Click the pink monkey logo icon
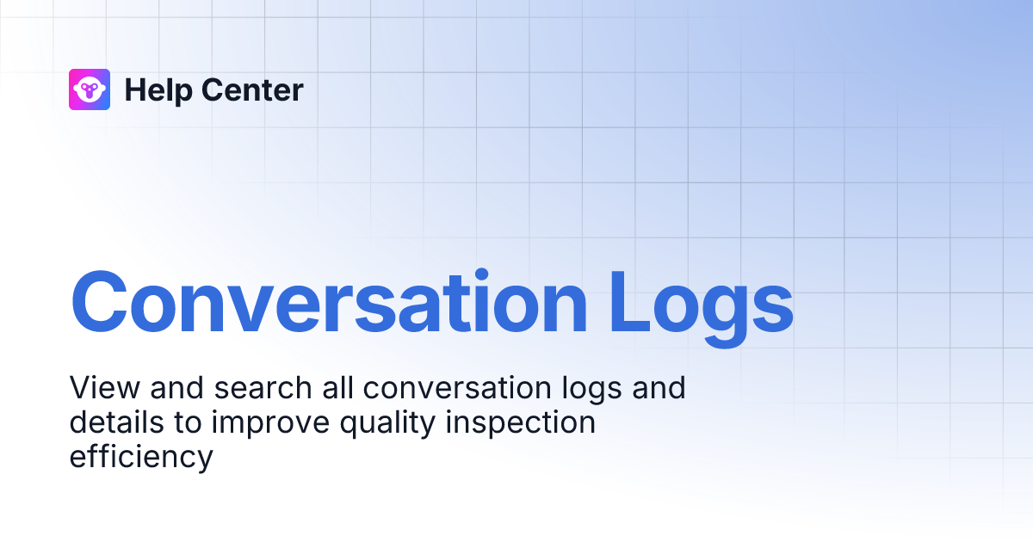point(90,89)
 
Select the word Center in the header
point(251,89)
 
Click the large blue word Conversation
point(328,302)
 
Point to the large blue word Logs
point(701,302)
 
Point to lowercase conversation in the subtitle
point(456,387)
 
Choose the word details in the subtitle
point(113,422)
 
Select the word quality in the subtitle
point(382,423)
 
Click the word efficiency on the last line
point(140,457)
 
